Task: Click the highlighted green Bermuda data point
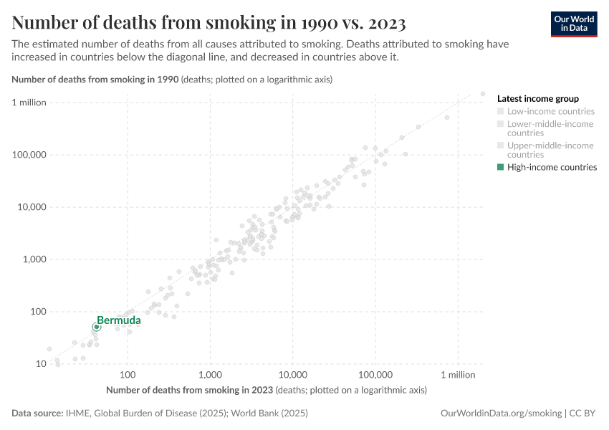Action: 97,327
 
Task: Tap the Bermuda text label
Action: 119,320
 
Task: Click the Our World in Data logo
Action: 573,24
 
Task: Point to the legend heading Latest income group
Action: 537,99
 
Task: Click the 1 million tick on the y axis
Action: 29,102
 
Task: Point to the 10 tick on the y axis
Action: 41,364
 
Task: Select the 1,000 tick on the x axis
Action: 210,375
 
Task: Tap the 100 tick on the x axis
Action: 128,375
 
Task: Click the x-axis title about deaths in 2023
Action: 266,391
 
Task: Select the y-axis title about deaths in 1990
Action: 172,80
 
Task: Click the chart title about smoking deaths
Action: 208,23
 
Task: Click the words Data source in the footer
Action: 37,414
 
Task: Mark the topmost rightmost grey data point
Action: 483,94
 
